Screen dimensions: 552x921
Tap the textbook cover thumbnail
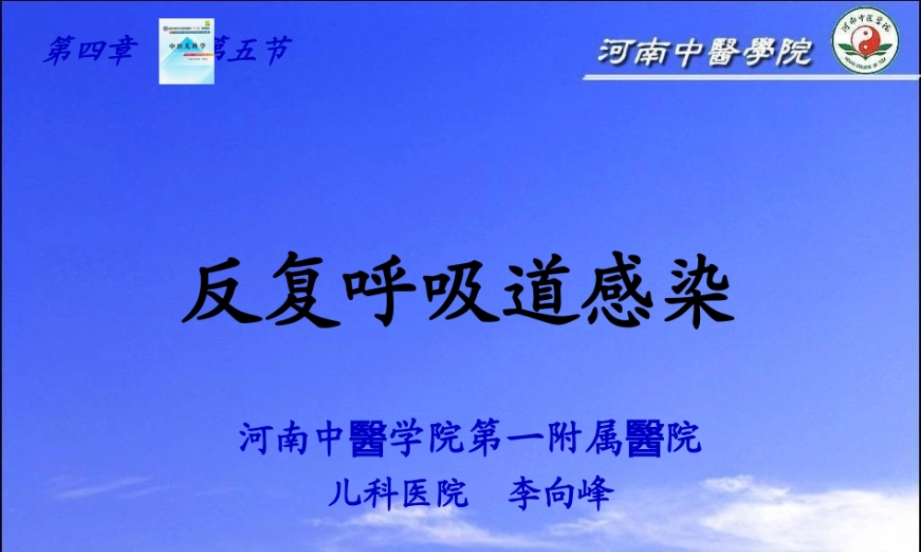(187, 52)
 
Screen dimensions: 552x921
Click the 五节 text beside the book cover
(252, 51)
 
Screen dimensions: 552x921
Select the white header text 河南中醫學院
(705, 52)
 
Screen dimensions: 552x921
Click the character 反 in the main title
(221, 293)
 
